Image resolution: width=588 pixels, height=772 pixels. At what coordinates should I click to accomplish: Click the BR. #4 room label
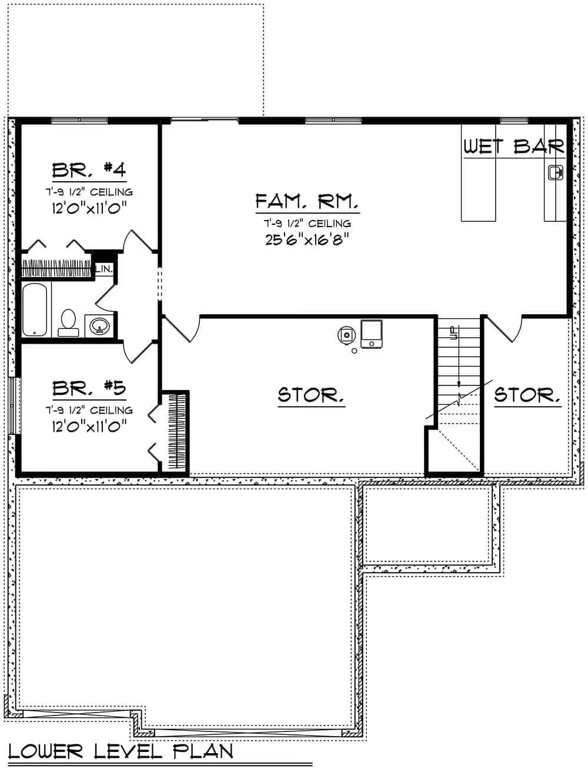coord(89,170)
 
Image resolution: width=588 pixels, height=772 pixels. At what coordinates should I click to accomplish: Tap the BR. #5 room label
coord(89,388)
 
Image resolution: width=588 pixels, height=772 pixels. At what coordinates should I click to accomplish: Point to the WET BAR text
coord(514,146)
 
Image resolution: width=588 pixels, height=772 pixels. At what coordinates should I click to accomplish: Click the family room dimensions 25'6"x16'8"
coord(307,240)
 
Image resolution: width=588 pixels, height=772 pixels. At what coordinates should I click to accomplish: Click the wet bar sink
coord(555,172)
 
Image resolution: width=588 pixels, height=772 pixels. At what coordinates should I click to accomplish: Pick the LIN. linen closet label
coord(104,269)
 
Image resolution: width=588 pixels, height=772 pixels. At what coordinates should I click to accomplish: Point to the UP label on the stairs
coord(453,334)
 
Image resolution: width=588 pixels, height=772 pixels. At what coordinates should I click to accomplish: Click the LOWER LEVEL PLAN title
coord(121,751)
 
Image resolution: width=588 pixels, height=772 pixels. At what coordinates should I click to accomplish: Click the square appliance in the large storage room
coord(371,334)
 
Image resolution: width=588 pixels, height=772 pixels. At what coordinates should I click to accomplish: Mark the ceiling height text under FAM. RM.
coord(307,224)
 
